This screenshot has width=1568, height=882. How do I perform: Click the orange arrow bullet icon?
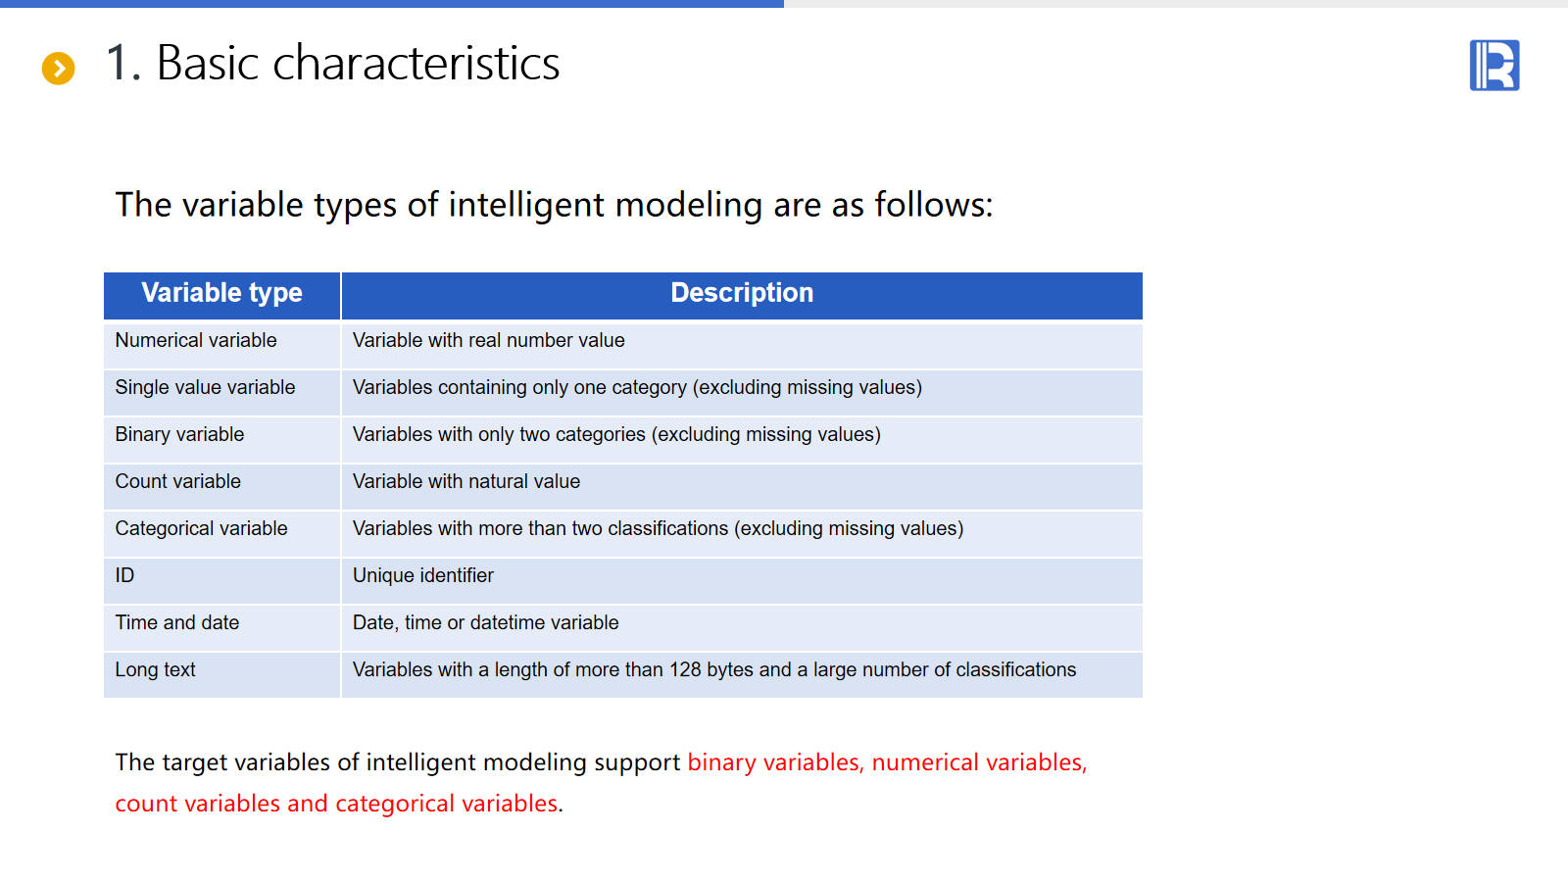coord(58,68)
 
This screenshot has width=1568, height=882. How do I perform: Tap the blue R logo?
coord(1494,65)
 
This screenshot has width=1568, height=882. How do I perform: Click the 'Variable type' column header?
coord(221,293)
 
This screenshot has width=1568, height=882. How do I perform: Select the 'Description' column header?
coord(742,293)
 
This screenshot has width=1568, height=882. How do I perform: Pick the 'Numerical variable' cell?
coord(196,340)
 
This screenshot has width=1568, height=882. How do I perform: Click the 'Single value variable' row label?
coord(205,387)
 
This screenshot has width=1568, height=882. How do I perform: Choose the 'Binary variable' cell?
coord(180,434)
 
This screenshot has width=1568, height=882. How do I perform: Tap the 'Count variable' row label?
coord(177,481)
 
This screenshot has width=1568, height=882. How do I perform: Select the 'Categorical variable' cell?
coord(202,528)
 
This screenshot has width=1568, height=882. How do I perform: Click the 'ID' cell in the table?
coord(124,575)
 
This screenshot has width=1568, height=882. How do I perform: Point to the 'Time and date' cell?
coord(177,622)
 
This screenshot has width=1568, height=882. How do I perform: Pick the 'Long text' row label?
coord(156,670)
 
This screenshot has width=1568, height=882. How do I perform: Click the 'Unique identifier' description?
coord(422,575)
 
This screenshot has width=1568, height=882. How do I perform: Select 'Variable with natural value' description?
coord(466,481)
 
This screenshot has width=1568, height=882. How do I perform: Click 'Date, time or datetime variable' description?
coord(486,622)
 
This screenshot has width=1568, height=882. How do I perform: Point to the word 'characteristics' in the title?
coord(416,63)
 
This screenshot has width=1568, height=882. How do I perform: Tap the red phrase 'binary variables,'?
coord(776,762)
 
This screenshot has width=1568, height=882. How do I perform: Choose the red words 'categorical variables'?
coord(447,804)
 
